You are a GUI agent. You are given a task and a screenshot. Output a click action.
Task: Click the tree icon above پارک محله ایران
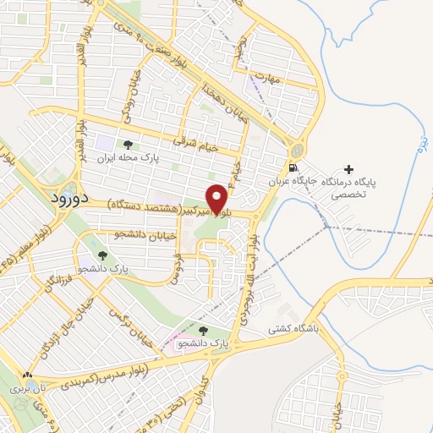[x=128, y=145]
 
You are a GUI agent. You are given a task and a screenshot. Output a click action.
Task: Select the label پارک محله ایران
[x=128, y=158]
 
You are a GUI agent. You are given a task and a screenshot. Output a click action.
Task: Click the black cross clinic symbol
[x=350, y=169]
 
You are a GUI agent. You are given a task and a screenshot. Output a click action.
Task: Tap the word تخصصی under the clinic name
[x=350, y=194]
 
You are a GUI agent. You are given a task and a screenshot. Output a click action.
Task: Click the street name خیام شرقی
[x=195, y=145]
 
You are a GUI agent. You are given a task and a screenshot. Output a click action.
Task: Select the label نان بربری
[x=19, y=390]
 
